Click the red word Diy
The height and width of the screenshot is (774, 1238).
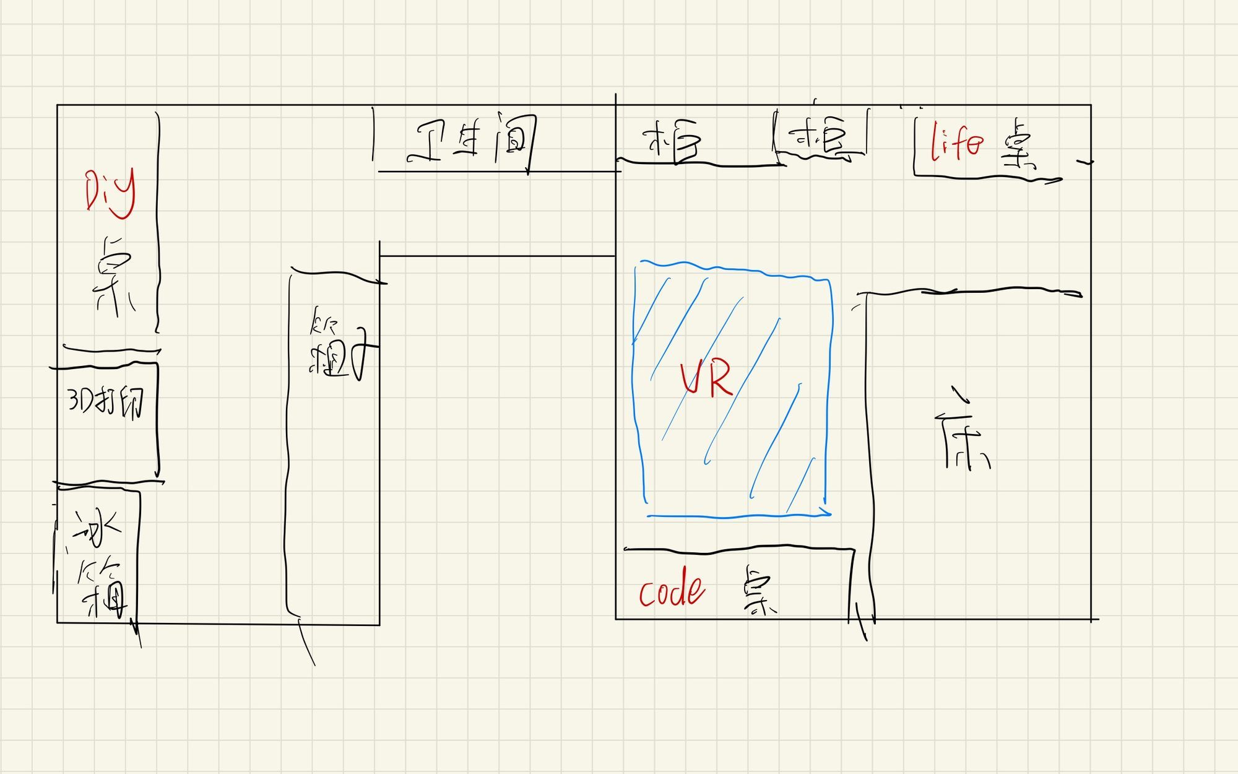[x=110, y=193]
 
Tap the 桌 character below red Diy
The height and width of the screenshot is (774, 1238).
[x=115, y=276]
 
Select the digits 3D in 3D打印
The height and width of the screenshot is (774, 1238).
[x=79, y=401]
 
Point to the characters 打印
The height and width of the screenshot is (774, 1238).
[x=123, y=403]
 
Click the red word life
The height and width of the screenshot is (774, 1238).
[x=956, y=143]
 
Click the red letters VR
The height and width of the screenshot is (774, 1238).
[x=706, y=379]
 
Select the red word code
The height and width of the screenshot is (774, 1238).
[x=672, y=591]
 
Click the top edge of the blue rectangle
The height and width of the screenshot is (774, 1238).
[x=730, y=268]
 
